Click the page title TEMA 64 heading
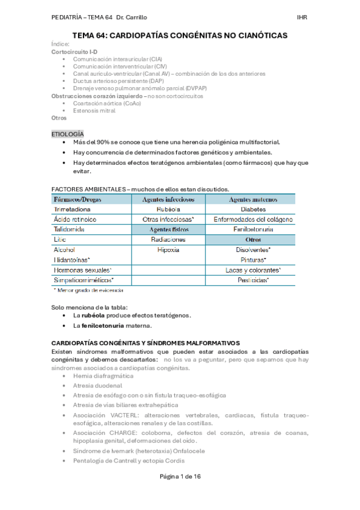180,36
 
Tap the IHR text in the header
302,17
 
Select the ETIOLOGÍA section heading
68,134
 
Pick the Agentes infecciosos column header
168,199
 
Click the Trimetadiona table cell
75,209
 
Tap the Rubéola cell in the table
168,209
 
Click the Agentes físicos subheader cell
168,229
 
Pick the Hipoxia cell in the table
168,250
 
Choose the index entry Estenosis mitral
95,111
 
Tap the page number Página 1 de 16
180,493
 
